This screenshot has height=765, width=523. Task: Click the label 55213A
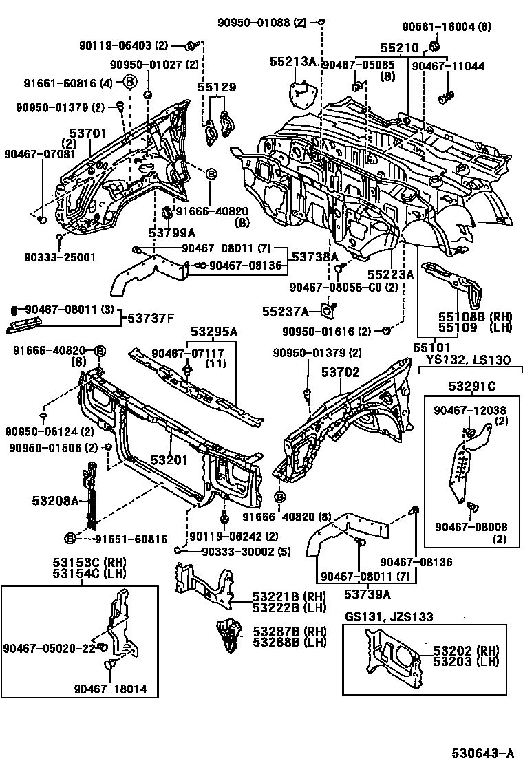pyautogui.click(x=292, y=62)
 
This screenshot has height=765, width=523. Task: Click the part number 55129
pyautogui.click(x=217, y=87)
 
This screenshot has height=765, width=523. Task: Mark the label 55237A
pyautogui.click(x=285, y=311)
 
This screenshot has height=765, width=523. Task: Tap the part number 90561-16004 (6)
pyautogui.click(x=446, y=27)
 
